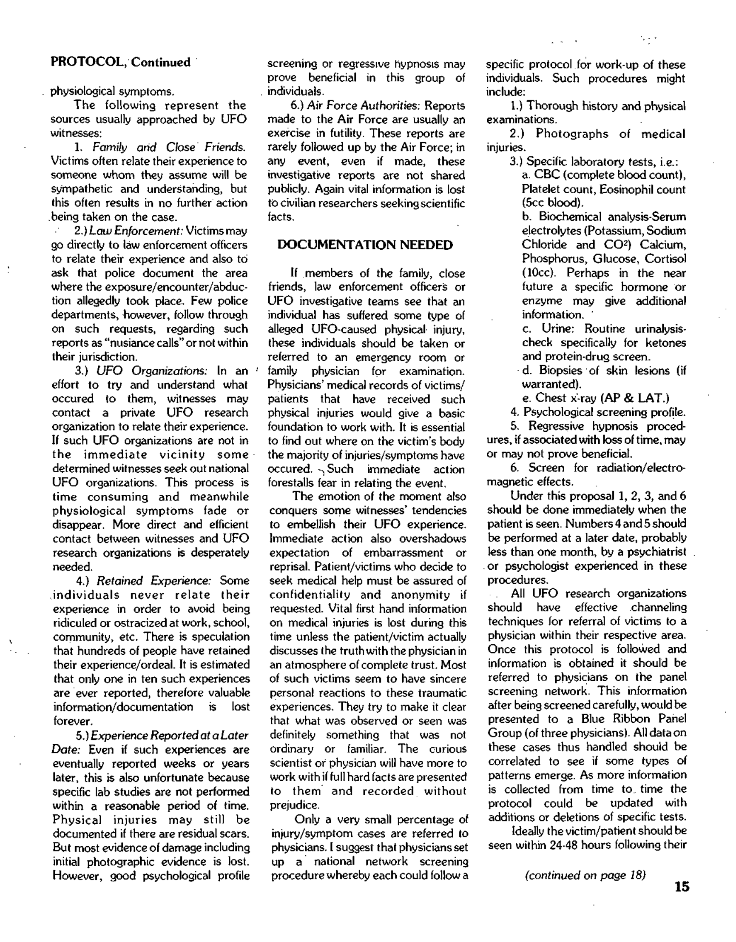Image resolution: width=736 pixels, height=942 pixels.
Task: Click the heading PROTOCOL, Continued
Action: tap(121, 63)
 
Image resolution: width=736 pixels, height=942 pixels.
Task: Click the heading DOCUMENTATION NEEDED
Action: tap(365, 245)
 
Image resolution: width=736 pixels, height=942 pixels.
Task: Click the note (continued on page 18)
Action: tap(585, 875)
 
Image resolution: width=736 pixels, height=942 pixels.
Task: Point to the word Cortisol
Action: tap(668, 259)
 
